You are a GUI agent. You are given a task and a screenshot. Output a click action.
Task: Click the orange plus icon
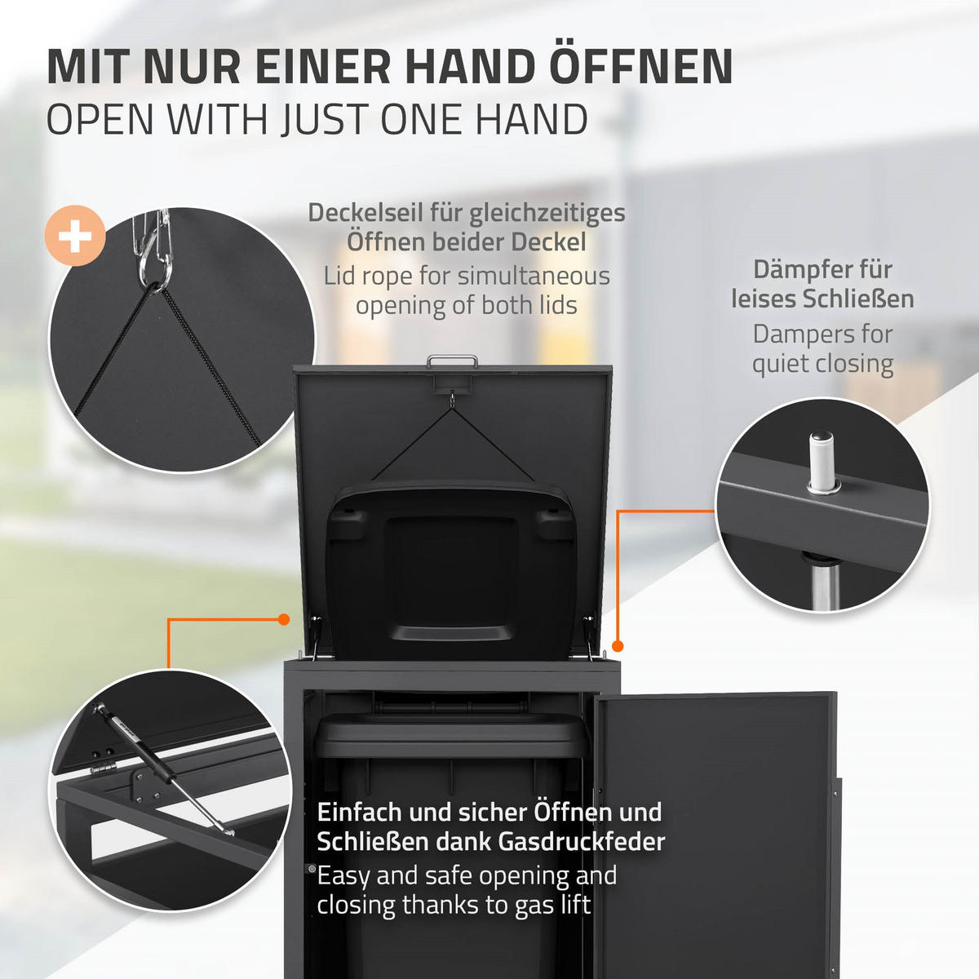tap(75, 237)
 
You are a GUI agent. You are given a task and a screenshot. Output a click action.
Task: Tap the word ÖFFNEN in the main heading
tap(640, 67)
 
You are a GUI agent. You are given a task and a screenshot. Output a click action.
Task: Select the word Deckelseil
tap(363, 213)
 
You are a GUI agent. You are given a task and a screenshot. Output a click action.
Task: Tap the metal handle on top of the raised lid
tap(452, 359)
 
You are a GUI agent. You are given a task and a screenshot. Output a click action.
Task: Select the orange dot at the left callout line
tap(284, 620)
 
